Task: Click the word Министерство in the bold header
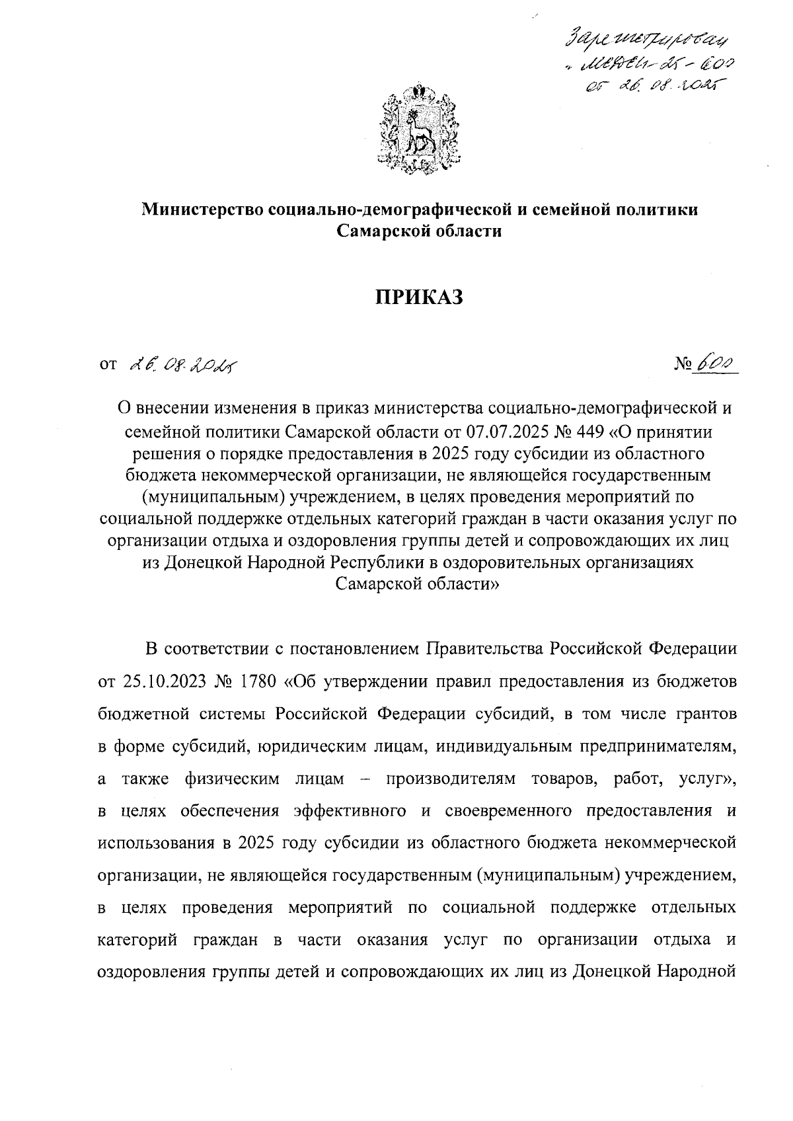coord(204,210)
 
